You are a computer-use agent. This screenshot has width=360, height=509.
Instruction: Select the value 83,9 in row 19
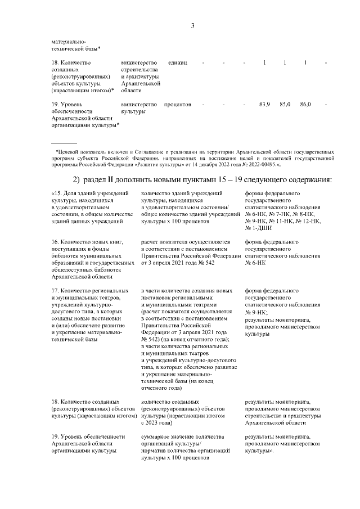coord(264,105)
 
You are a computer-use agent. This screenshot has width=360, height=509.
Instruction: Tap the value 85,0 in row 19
coord(285,105)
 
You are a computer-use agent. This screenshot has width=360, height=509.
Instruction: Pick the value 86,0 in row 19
coord(305,105)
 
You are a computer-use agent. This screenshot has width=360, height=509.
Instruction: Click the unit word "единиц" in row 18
coord(178,62)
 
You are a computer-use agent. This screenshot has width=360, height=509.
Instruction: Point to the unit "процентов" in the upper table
coord(178,105)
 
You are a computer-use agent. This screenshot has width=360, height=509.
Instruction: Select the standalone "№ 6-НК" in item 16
coord(256,263)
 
